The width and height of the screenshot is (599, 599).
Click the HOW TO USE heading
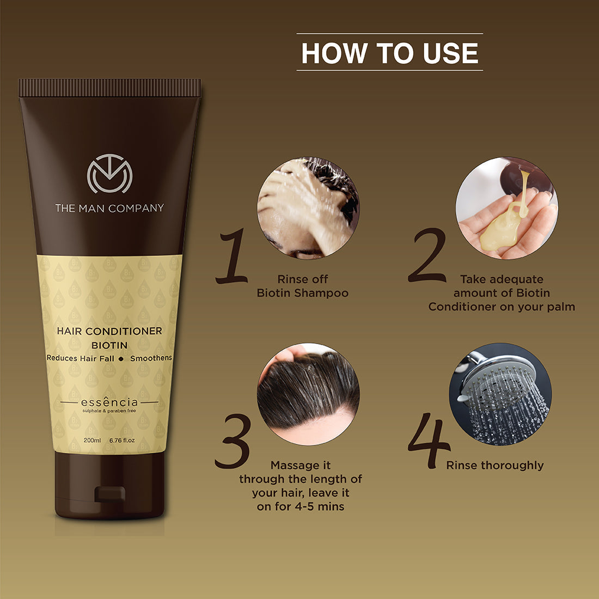389,53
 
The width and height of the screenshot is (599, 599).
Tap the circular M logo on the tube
109,174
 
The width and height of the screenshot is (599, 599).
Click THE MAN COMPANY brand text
109,208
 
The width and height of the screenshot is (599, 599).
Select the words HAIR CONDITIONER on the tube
109,331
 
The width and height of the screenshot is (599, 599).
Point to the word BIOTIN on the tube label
109,345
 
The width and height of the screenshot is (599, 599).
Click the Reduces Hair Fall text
81,358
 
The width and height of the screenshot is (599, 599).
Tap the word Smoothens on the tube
151,358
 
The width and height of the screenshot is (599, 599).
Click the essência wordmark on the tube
109,403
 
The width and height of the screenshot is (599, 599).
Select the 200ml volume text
92,440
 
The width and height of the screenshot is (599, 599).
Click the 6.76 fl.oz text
122,440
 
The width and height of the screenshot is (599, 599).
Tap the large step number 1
233,257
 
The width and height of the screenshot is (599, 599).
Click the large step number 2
427,256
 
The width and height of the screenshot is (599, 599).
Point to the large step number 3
233,442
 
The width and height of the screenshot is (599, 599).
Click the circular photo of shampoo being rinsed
308,208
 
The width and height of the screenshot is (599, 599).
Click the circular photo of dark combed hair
308,394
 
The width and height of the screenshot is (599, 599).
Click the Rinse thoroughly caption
495,466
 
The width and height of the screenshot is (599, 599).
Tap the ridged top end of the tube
109,88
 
